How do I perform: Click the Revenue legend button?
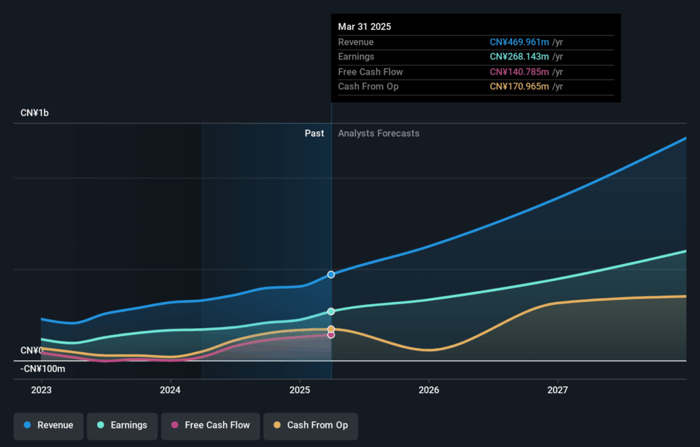[49, 425]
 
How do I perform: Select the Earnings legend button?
[122, 425]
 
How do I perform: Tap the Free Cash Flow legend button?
[210, 425]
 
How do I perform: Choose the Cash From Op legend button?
[310, 425]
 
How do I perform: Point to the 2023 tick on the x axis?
[41, 390]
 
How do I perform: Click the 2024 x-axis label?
[170, 390]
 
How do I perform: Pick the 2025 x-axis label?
[299, 390]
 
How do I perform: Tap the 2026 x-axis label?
[429, 390]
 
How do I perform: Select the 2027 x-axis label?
[558, 390]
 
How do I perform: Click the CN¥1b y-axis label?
[35, 113]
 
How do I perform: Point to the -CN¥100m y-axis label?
[42, 369]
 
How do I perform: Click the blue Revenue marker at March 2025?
[331, 274]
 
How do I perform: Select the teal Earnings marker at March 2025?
[331, 312]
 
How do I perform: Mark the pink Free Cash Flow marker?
[331, 335]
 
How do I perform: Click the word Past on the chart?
[314, 133]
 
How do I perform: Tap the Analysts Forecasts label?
[379, 133]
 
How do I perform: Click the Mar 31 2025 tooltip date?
[365, 27]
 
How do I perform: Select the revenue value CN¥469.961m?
[520, 42]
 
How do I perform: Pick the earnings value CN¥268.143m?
[520, 57]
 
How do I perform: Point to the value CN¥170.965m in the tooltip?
[520, 87]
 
